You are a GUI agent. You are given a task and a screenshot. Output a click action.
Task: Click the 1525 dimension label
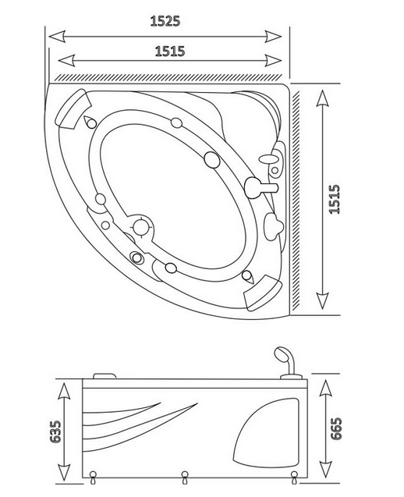tap(165, 21)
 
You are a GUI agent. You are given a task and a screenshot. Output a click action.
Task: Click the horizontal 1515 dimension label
tap(170, 51)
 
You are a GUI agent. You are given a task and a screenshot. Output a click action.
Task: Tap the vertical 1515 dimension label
tap(335, 199)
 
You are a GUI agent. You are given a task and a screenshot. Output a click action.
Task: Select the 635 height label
tap(55, 431)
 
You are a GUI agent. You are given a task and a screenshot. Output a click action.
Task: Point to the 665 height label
tap(336, 428)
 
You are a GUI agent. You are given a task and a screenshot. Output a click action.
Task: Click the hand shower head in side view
tap(283, 354)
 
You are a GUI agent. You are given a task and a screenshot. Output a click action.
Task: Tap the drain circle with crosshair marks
tap(141, 227)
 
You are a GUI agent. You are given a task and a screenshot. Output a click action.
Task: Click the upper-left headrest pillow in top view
tap(73, 108)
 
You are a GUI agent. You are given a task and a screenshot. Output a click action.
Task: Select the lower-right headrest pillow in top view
tap(263, 293)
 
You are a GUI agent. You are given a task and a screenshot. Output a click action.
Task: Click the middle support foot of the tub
tap(185, 477)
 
